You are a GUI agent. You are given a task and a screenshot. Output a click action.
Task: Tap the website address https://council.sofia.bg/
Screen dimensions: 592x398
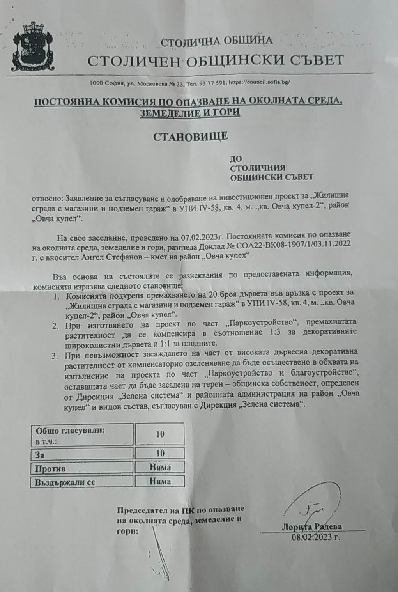pyautogui.click(x=259, y=82)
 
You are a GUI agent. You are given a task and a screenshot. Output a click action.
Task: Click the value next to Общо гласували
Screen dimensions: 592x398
pyautogui.click(x=160, y=434)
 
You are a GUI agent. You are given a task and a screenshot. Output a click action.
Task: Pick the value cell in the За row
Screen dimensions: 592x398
pyautogui.click(x=160, y=453)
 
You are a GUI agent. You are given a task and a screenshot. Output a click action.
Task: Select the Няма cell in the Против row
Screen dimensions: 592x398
pyautogui.click(x=160, y=467)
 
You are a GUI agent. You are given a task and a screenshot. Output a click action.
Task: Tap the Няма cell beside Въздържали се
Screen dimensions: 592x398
pyautogui.click(x=160, y=481)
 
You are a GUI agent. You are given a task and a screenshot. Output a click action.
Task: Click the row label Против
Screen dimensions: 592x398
pyautogui.click(x=50, y=468)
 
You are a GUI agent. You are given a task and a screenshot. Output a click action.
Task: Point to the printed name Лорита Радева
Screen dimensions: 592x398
pyautogui.click(x=311, y=527)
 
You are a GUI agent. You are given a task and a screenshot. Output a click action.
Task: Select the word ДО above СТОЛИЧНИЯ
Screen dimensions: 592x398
pyautogui.click(x=236, y=159)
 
